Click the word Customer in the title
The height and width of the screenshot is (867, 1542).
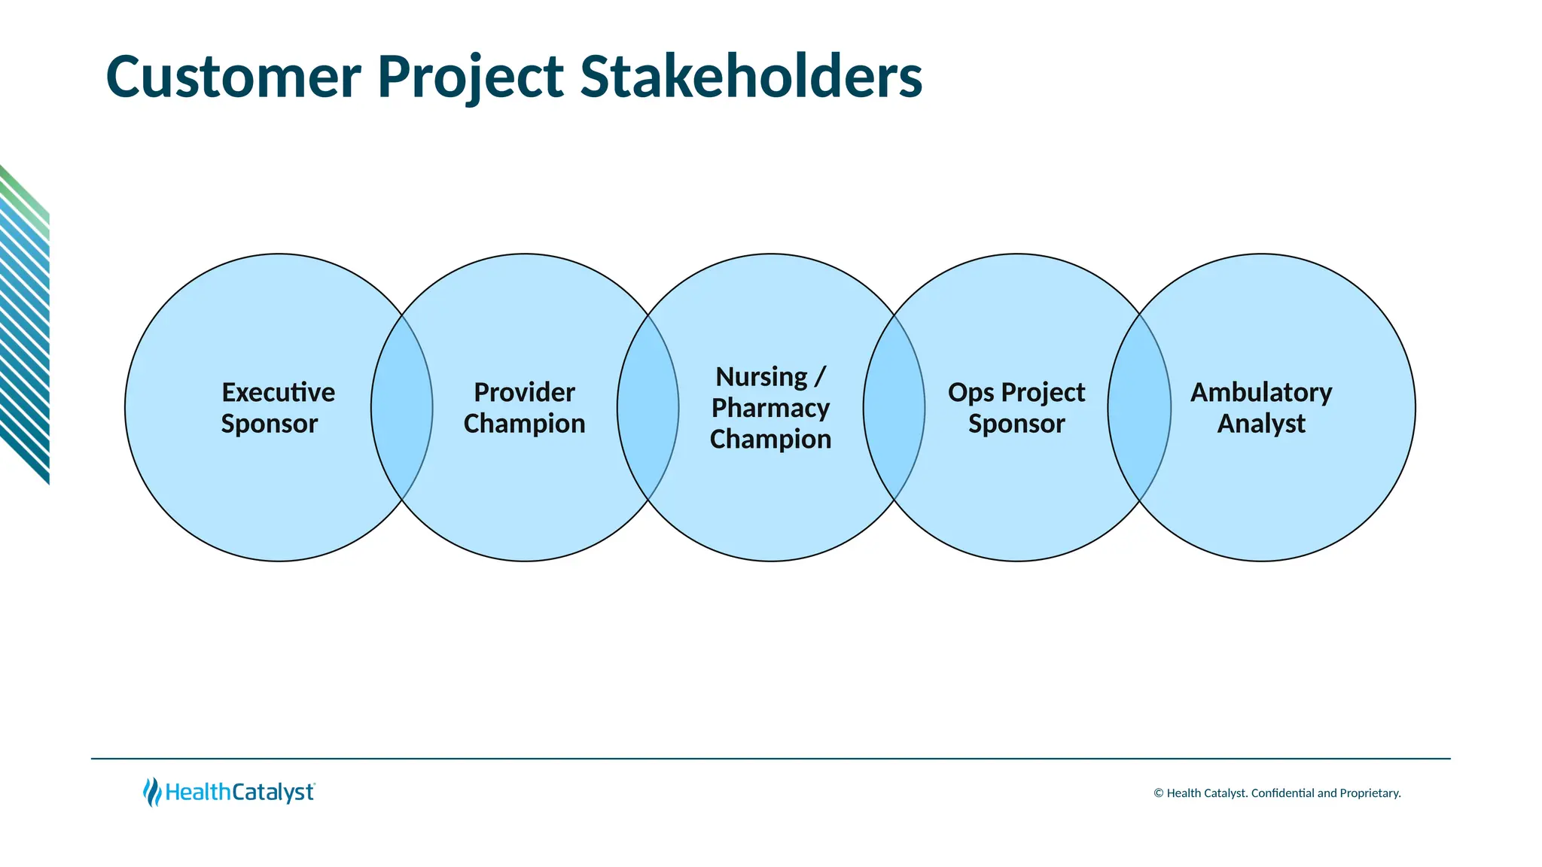pos(233,77)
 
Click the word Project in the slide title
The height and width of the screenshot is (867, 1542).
pos(470,77)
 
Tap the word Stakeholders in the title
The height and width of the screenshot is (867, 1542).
pos(751,77)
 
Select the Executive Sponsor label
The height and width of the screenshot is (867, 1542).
pos(278,408)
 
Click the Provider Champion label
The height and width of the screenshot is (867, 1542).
pos(524,408)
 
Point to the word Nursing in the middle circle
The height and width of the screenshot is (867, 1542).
pos(761,376)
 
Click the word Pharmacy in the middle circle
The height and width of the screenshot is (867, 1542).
pos(770,408)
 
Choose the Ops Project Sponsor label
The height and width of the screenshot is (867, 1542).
pos(1016,408)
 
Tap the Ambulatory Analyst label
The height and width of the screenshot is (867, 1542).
pos(1261,408)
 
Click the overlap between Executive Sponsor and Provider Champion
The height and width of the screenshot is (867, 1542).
pos(401,408)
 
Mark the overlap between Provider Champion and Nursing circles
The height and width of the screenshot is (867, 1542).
pos(648,408)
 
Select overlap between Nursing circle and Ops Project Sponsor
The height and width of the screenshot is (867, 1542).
pos(894,408)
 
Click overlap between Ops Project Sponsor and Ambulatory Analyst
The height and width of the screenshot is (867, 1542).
pos(1139,408)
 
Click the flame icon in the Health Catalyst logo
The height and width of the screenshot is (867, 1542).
pos(152,792)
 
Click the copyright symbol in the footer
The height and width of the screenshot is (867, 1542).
pos(1159,793)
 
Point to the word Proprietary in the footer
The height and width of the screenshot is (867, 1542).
pos(1370,793)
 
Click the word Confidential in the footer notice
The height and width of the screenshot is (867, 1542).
pos(1282,793)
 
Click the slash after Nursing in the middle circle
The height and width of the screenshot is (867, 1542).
pos(820,376)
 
